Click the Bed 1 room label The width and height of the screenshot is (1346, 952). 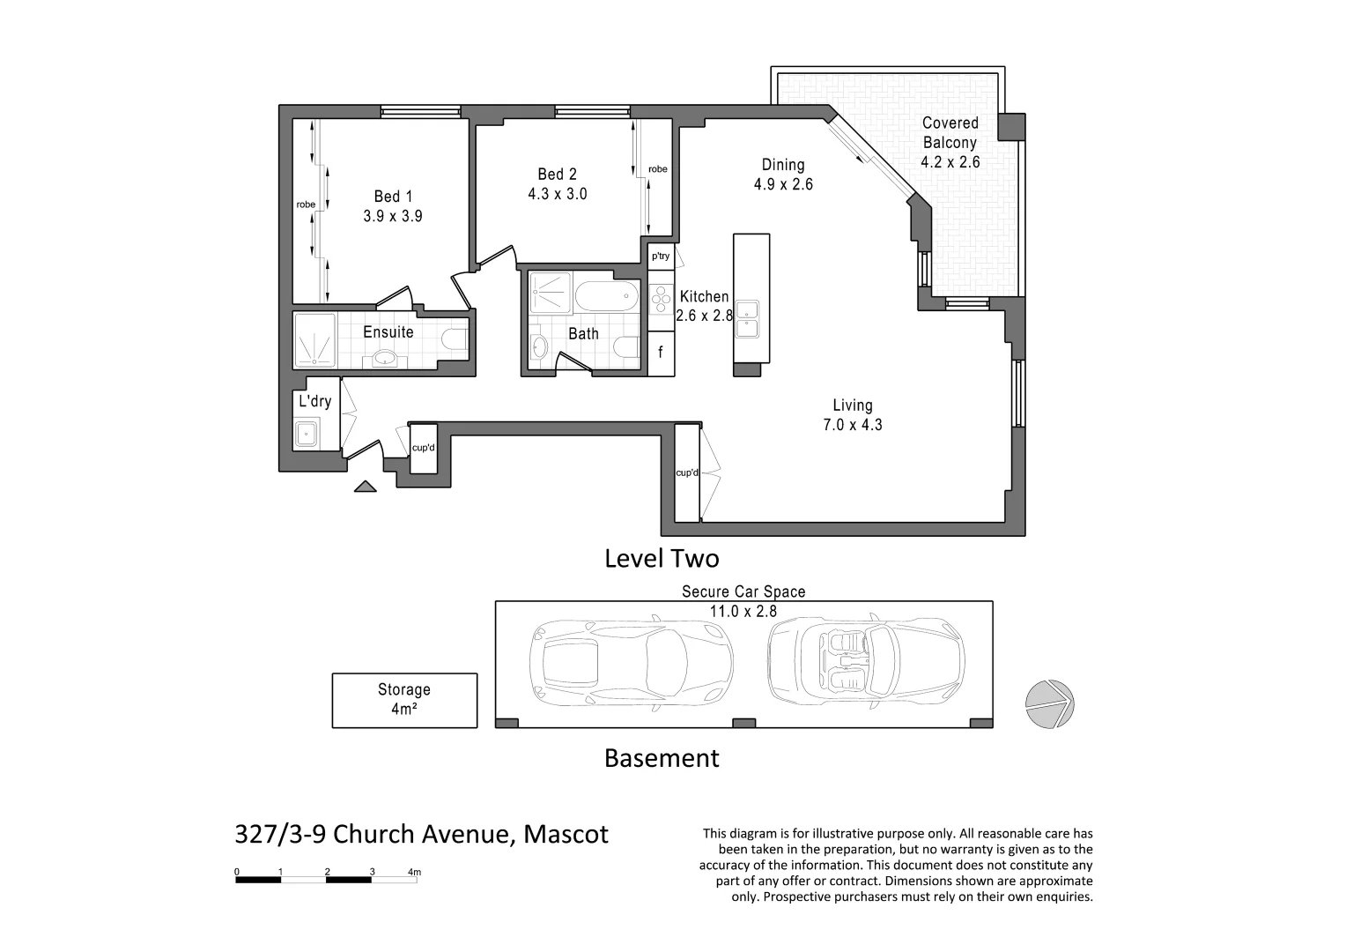(392, 197)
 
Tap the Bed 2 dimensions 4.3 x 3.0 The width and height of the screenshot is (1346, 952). (557, 194)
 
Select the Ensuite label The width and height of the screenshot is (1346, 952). (388, 332)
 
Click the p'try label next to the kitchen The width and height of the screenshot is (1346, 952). (661, 257)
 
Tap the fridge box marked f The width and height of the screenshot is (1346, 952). (661, 353)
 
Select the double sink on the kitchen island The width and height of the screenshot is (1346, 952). (748, 318)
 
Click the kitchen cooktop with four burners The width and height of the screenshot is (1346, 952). (661, 300)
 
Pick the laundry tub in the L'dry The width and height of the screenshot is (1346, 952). (306, 434)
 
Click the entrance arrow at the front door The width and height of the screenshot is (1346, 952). (365, 486)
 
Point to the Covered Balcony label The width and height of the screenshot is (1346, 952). (950, 132)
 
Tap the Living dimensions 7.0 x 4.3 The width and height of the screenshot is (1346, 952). (852, 425)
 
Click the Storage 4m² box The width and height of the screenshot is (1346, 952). (404, 700)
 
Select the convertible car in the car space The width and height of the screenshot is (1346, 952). (866, 661)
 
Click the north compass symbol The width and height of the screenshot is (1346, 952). (1049, 704)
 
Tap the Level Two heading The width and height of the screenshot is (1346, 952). (661, 558)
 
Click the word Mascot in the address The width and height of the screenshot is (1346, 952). (566, 834)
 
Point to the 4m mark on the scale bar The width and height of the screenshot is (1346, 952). (415, 873)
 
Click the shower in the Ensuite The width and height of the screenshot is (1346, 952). (314, 340)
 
